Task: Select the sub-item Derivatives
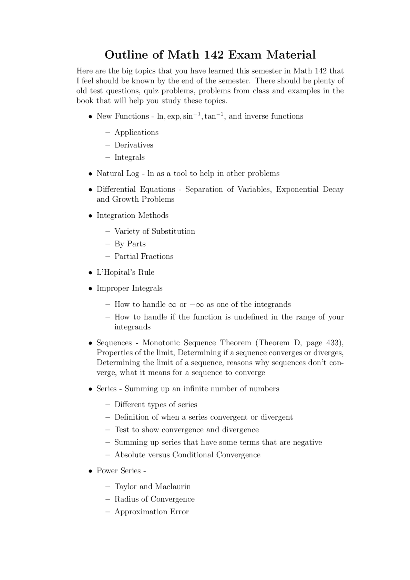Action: (134, 145)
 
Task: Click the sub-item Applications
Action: (136, 133)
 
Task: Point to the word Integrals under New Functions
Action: (129, 158)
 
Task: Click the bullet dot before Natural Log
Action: (91, 174)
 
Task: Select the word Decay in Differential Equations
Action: (333, 190)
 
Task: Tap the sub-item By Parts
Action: (130, 244)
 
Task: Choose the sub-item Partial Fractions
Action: (144, 257)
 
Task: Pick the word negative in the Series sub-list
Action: (307, 443)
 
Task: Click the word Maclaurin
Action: (173, 487)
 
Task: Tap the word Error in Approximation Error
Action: (179, 512)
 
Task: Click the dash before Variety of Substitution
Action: (108, 232)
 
